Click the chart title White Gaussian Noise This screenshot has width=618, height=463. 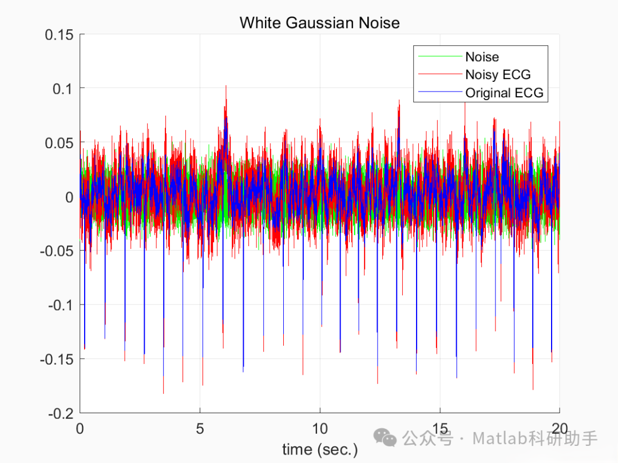tap(319, 23)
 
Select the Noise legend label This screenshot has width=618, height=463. tap(482, 57)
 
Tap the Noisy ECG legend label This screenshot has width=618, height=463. tap(498, 74)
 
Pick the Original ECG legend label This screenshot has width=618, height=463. tap(504, 92)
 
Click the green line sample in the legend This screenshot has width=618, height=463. tap(439, 57)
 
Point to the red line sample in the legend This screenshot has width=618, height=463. tap(439, 74)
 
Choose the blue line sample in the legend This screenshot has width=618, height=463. tap(439, 92)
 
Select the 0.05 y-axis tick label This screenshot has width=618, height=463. tap(59, 143)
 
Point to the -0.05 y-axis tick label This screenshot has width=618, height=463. tap(57, 251)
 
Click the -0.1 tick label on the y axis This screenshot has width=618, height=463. tap(61, 305)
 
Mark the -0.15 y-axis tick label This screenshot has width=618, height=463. tap(57, 359)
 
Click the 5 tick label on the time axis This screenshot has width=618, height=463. tap(200, 428)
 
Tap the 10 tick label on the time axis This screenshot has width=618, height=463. tap(320, 428)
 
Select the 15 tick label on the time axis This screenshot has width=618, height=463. tap(440, 428)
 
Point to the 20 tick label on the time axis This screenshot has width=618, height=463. tap(560, 428)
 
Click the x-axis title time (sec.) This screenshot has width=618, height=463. tap(319, 449)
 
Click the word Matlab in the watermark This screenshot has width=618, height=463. tap(500, 439)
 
